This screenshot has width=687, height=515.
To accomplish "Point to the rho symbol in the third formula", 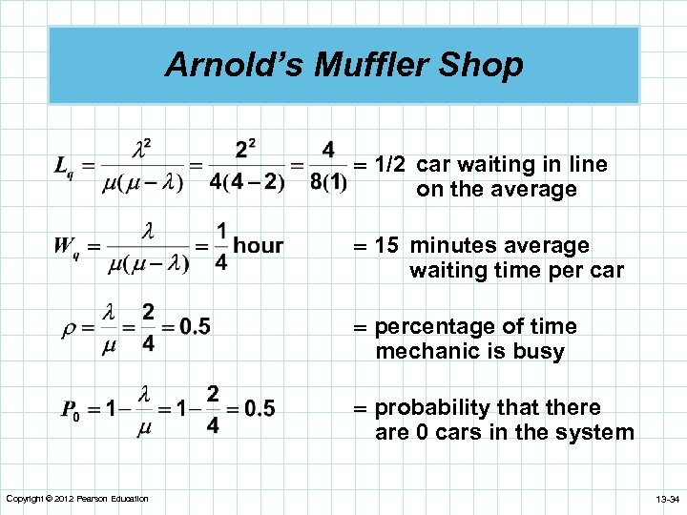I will (68, 327).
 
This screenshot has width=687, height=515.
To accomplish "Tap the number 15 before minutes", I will (386, 246).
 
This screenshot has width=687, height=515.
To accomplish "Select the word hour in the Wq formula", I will (259, 246).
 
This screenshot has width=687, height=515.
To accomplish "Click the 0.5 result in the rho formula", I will (195, 327).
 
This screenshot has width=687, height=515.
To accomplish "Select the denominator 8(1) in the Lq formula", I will (328, 182).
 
